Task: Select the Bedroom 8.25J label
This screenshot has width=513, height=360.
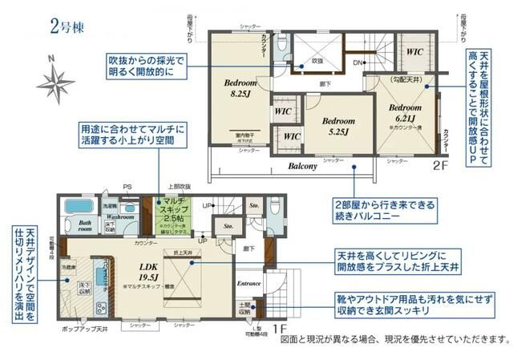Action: (240, 88)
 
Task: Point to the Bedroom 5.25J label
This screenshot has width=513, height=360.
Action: (340, 126)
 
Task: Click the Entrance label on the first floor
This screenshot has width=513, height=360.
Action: (249, 283)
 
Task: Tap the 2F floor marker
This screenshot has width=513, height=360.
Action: (442, 167)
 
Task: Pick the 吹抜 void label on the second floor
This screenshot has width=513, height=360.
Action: (317, 60)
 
